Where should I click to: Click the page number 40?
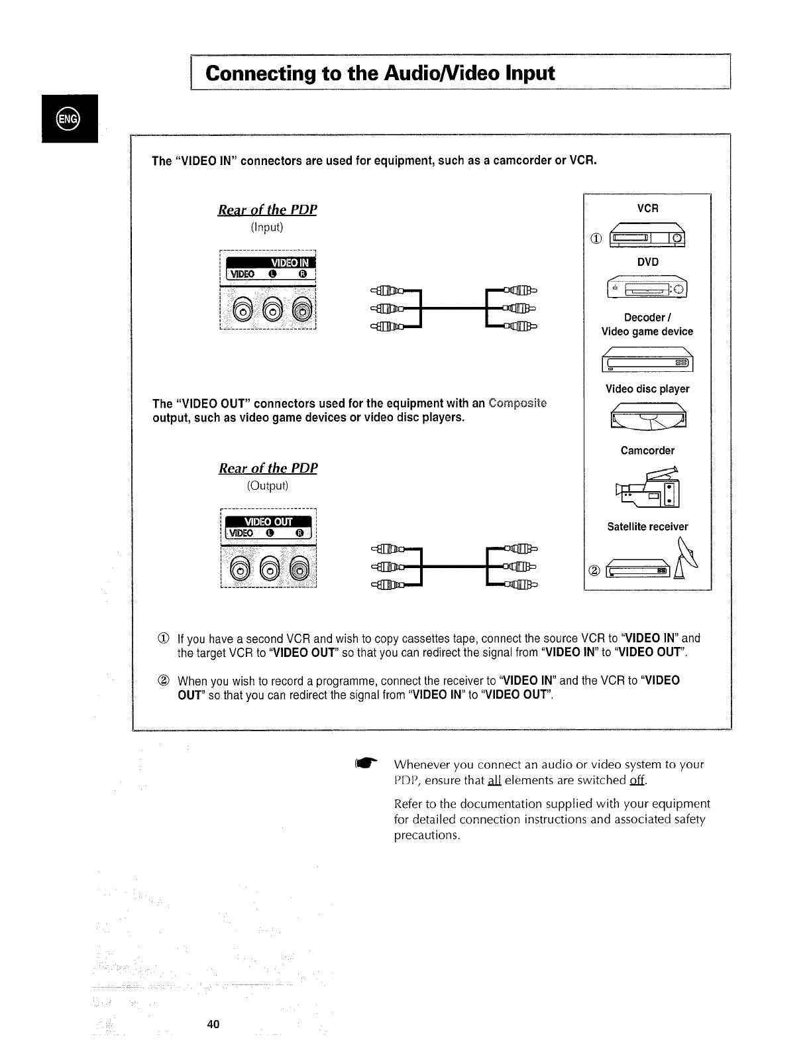(213, 1024)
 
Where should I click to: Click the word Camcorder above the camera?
(647, 451)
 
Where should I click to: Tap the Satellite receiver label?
(647, 527)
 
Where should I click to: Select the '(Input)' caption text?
(267, 227)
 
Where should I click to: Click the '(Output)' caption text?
(268, 486)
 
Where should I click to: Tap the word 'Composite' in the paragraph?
(517, 404)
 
